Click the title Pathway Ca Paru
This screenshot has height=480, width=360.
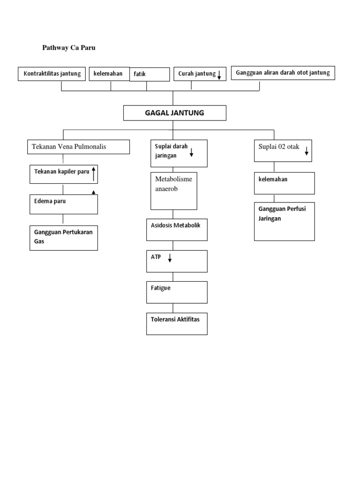(69, 48)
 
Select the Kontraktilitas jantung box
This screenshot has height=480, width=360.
(52, 74)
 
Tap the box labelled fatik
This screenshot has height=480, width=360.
(150, 75)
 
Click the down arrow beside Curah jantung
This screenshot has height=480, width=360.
(219, 75)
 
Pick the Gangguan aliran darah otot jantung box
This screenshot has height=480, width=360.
(283, 73)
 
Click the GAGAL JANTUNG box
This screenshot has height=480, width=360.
(175, 113)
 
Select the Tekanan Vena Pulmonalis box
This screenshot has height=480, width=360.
(78, 147)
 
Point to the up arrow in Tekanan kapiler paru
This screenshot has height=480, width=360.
(94, 173)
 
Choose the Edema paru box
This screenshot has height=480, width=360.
(64, 204)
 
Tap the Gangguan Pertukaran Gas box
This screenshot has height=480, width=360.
(64, 238)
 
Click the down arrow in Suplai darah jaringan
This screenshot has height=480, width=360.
(192, 152)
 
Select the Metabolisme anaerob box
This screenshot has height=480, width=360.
(173, 191)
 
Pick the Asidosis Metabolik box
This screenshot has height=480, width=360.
(177, 230)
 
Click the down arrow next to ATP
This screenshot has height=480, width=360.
(170, 258)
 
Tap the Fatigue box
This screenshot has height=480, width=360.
(177, 292)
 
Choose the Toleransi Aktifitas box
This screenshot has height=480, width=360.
(177, 324)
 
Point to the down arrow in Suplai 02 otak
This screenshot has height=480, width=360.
(307, 151)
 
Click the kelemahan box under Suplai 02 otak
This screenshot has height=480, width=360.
(285, 183)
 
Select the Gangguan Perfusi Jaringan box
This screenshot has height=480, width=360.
(285, 221)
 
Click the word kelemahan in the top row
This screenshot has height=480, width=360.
(108, 74)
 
